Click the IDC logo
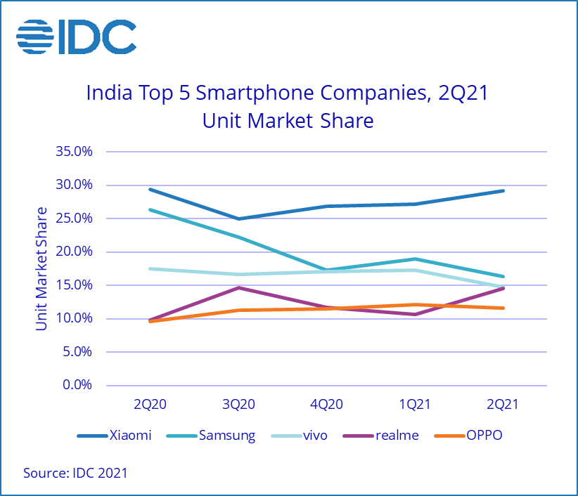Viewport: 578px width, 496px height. pyautogui.click(x=77, y=37)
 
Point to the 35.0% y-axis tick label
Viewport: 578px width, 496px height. pyautogui.click(x=75, y=152)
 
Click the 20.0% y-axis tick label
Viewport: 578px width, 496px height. pyautogui.click(x=75, y=252)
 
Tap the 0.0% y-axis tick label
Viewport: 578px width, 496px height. pyautogui.click(x=77, y=385)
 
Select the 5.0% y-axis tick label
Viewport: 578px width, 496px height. pyautogui.click(x=77, y=351)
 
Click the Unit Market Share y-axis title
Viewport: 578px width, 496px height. pyautogui.click(x=42, y=268)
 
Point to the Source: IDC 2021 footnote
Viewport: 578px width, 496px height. pyautogui.click(x=75, y=473)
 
